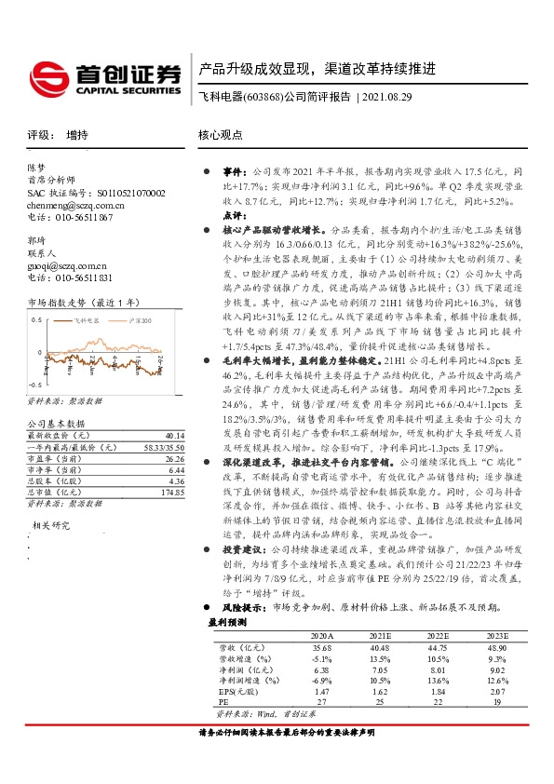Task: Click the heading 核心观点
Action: (x=221, y=135)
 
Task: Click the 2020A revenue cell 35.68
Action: (x=321, y=645)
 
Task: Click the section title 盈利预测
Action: (x=225, y=622)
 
